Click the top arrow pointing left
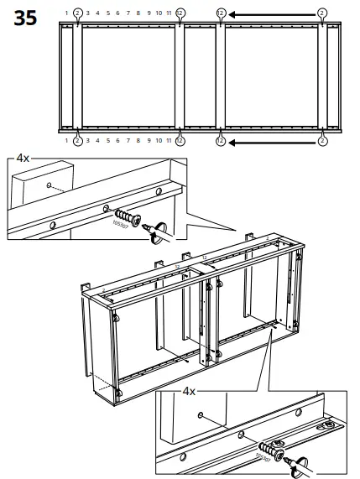click(269, 13)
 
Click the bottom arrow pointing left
click(269, 141)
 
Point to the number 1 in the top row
click(66, 13)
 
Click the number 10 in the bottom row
click(159, 141)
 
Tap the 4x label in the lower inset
click(189, 390)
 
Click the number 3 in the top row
click(87, 13)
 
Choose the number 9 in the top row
click(149, 13)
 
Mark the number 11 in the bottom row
click(170, 141)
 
